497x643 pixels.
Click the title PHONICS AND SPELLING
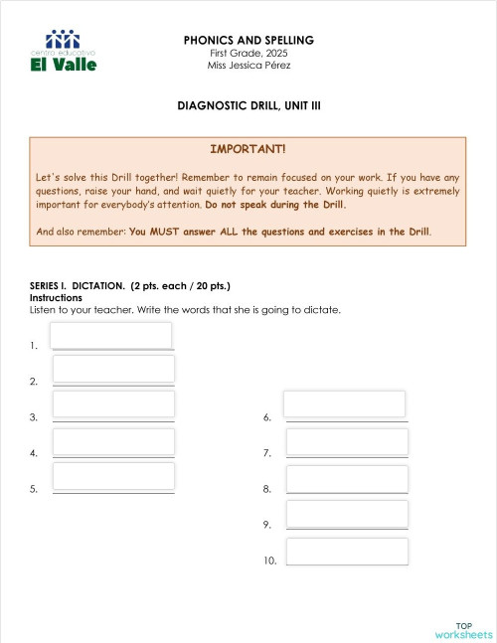[x=248, y=40]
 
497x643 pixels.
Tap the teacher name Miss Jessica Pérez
[x=248, y=66]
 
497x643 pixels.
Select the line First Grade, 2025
[x=248, y=53]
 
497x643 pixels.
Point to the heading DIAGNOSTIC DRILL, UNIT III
[x=248, y=103]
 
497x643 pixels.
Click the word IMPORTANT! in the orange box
[x=248, y=149]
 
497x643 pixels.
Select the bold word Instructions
[x=56, y=297]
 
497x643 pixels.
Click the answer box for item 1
[x=111, y=336]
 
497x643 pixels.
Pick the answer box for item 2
[x=113, y=370]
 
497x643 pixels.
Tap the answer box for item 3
[x=113, y=404]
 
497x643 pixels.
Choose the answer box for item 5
[x=113, y=476]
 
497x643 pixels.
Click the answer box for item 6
[x=345, y=404]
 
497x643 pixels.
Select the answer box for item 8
[x=347, y=477]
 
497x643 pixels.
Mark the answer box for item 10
[x=347, y=552]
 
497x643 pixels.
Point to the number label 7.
[x=267, y=454]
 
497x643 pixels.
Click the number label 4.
[x=34, y=454]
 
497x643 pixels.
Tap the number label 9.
[x=267, y=525]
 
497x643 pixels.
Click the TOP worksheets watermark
[x=463, y=629]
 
